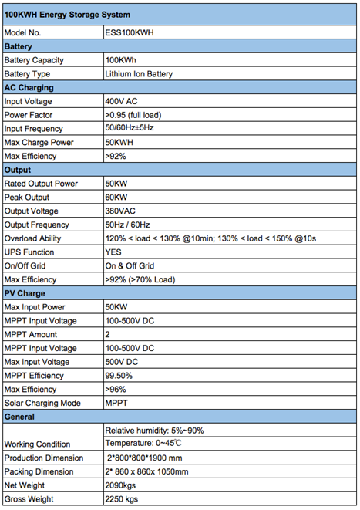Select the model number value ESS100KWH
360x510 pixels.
point(129,33)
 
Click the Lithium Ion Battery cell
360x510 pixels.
point(139,74)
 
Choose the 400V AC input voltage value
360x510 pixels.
point(122,101)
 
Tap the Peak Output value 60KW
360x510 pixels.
point(116,198)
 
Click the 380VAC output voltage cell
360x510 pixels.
point(121,211)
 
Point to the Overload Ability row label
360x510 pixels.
point(34,238)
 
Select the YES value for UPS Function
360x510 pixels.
point(114,252)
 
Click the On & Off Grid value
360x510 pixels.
point(130,266)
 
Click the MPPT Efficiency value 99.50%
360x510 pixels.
point(119,376)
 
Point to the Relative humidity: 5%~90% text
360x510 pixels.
point(154,431)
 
